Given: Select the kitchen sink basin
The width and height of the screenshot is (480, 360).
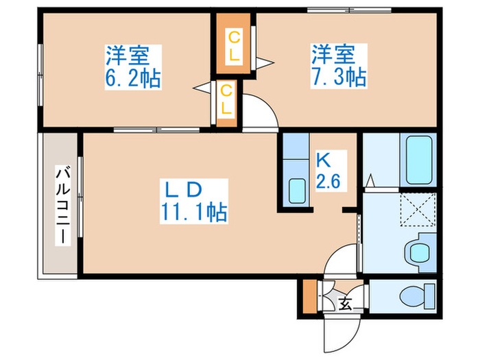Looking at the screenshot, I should click(x=297, y=191).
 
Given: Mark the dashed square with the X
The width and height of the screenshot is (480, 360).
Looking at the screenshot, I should click(x=418, y=211).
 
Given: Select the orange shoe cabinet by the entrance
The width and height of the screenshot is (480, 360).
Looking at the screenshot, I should click(x=309, y=297).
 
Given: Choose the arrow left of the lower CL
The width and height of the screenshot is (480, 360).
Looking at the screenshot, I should click(x=203, y=87).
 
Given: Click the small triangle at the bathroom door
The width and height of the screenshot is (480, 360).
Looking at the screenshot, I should click(x=370, y=181).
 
